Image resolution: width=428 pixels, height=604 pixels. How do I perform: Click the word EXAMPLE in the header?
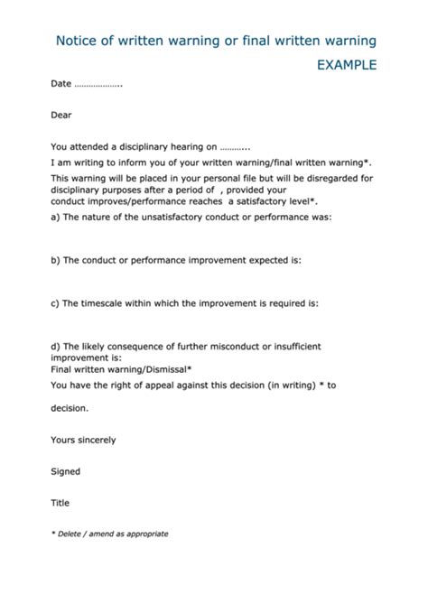pos(347,65)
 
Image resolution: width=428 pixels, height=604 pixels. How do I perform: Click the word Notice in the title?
pos(78,41)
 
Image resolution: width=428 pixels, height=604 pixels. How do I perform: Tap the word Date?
pos(60,84)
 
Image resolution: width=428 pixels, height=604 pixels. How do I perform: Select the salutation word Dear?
pos(61,115)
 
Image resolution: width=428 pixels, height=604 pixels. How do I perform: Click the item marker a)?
pos(56,218)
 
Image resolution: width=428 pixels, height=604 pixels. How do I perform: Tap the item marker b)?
pos(56,260)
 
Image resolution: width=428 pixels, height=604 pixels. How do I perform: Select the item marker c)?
pos(56,303)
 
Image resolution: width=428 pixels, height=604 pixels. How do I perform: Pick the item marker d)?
pos(56,346)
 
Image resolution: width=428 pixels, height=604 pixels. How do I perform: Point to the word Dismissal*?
pos(163,368)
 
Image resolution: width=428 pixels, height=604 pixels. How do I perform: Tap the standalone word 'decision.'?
pos(70,408)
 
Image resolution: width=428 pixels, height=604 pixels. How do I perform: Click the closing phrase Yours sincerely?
pos(83,440)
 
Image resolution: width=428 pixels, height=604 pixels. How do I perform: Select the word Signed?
pos(66,471)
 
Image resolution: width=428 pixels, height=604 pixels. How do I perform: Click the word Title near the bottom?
pos(60,503)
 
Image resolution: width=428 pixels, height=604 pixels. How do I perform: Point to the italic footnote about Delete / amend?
pos(109,534)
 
